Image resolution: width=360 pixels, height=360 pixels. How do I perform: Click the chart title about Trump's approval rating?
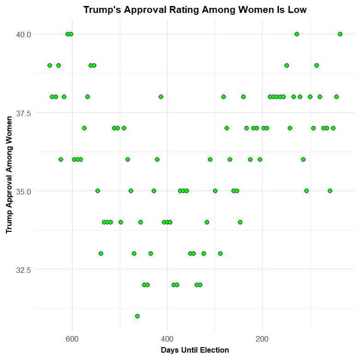click(x=195, y=10)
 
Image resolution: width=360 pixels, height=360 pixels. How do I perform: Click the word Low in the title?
click(x=297, y=10)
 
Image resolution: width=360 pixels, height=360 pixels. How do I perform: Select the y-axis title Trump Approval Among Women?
click(x=9, y=175)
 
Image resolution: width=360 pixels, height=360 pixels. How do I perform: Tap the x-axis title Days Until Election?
click(x=195, y=350)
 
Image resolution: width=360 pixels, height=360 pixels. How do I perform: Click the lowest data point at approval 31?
click(x=137, y=316)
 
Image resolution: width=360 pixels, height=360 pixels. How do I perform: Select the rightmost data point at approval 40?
click(x=340, y=34)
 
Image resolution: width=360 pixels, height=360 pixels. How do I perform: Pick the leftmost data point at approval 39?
click(x=50, y=65)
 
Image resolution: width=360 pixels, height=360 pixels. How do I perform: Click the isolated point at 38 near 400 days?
click(x=161, y=97)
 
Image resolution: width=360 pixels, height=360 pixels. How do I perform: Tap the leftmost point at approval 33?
click(x=101, y=254)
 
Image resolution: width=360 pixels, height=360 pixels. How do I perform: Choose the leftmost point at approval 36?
click(x=61, y=159)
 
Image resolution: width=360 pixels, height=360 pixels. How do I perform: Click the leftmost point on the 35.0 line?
click(x=98, y=191)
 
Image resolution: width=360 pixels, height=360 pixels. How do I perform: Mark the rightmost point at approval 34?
click(x=240, y=222)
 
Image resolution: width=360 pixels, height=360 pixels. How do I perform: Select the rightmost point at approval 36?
click(x=303, y=159)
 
